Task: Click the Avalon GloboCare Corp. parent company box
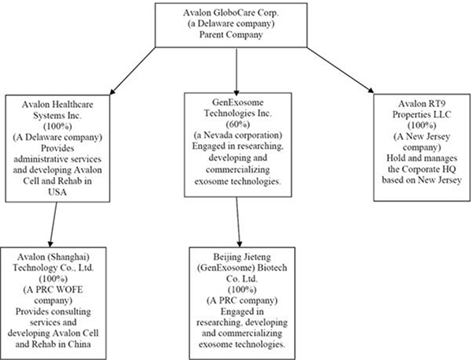[x=236, y=27]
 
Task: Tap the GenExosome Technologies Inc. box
[x=236, y=139]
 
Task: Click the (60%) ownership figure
[x=236, y=124]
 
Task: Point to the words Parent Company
[x=236, y=37]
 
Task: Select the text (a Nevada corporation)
[x=236, y=135]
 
